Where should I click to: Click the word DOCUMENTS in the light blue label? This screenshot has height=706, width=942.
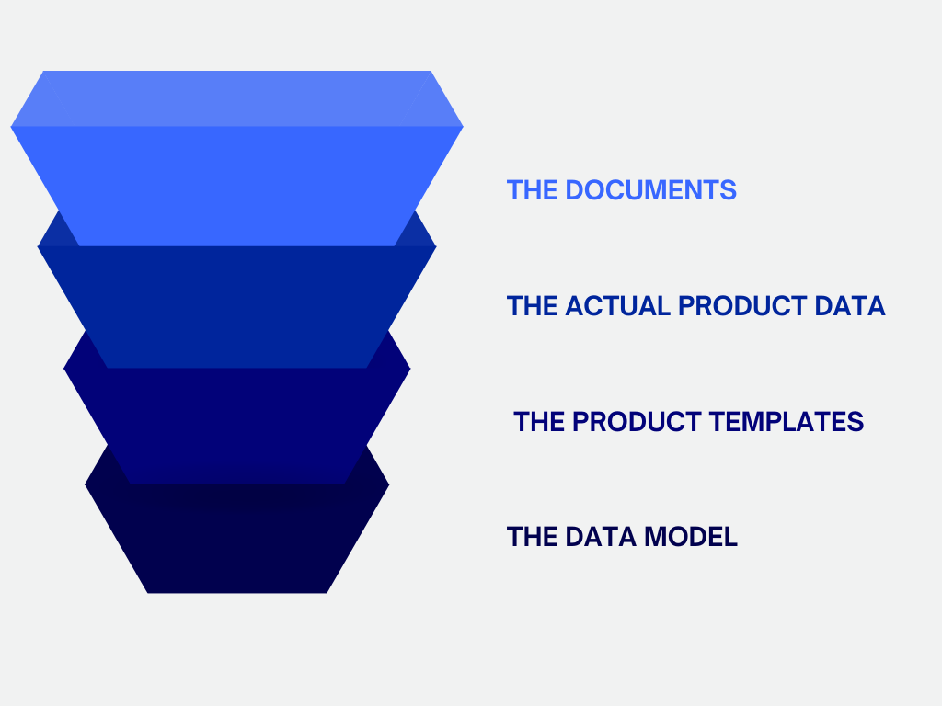click(x=650, y=190)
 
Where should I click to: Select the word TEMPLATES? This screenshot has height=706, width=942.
click(x=787, y=422)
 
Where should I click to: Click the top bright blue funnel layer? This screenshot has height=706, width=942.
click(x=236, y=184)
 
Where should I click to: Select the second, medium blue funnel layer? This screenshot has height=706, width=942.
click(x=236, y=308)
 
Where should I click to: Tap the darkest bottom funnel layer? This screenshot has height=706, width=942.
click(x=236, y=542)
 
